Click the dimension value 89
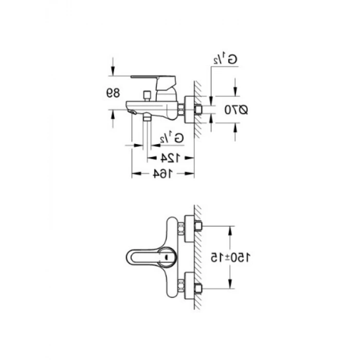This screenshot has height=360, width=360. [113, 93]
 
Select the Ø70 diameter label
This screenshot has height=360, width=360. [236, 110]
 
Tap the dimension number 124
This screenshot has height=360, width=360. [170, 158]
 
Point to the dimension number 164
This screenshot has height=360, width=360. [163, 174]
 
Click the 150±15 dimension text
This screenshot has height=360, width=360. [230, 257]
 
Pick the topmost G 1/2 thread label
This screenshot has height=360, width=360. [225, 60]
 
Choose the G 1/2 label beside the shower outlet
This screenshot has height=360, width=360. [172, 138]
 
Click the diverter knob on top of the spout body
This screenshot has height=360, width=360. [147, 96]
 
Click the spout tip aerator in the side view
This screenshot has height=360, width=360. [132, 112]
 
